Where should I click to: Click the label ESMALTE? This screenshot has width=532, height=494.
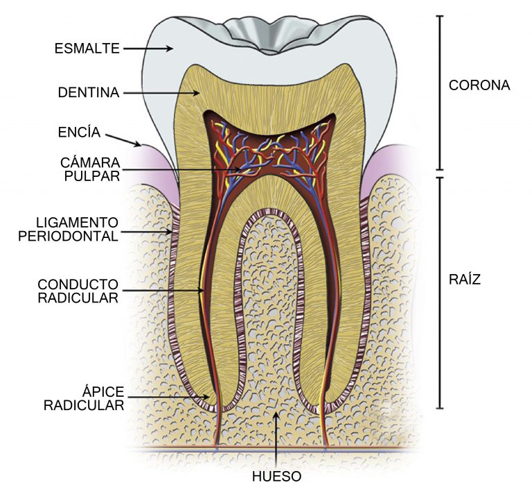(87, 49)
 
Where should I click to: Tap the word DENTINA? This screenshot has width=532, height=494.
(89, 92)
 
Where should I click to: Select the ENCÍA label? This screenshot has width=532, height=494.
(79, 132)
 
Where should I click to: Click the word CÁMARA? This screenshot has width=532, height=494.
(90, 162)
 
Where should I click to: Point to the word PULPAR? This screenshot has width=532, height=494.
(92, 176)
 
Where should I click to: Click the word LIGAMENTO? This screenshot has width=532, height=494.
(78, 223)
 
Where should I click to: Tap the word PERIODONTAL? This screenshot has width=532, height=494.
(68, 236)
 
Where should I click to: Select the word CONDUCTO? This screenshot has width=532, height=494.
(78, 284)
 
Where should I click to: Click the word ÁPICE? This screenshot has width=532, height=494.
(103, 391)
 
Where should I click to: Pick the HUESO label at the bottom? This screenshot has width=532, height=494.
(276, 477)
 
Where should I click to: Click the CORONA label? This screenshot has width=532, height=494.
(479, 85)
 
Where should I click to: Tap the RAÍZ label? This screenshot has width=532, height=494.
(465, 279)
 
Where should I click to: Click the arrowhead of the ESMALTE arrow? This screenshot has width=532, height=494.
(170, 49)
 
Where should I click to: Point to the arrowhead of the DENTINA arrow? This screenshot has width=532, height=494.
(196, 93)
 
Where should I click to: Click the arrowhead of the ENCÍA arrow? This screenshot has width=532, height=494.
(137, 144)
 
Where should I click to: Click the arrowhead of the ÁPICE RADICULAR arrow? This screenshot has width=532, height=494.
(206, 397)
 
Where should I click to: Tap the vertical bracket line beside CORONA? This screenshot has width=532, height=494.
(440, 93)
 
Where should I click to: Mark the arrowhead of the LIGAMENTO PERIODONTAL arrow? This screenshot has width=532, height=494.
(168, 232)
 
